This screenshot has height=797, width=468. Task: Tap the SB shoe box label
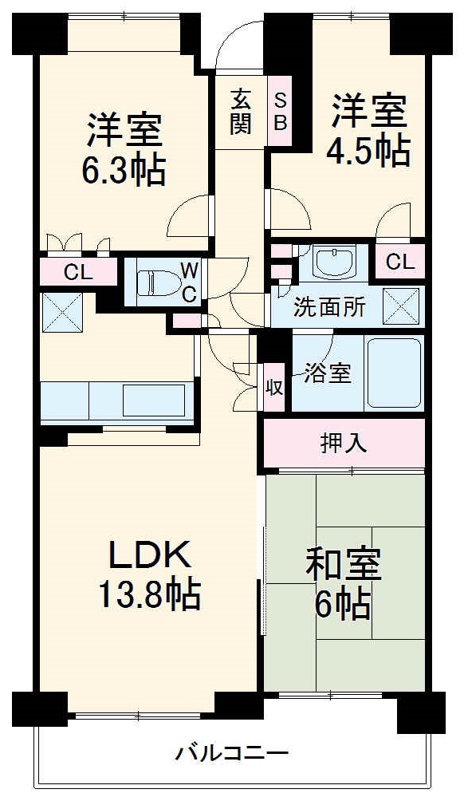280,111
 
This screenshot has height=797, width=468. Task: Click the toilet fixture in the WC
155,282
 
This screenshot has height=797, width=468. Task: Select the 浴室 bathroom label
328,373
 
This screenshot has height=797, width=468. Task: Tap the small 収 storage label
273,388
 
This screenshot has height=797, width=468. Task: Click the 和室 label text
344,564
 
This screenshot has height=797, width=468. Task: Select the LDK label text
148,554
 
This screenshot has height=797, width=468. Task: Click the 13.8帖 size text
148,594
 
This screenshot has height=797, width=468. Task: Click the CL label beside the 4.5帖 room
399,261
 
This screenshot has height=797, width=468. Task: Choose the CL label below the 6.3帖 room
79,272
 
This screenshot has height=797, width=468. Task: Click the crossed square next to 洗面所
401,305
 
